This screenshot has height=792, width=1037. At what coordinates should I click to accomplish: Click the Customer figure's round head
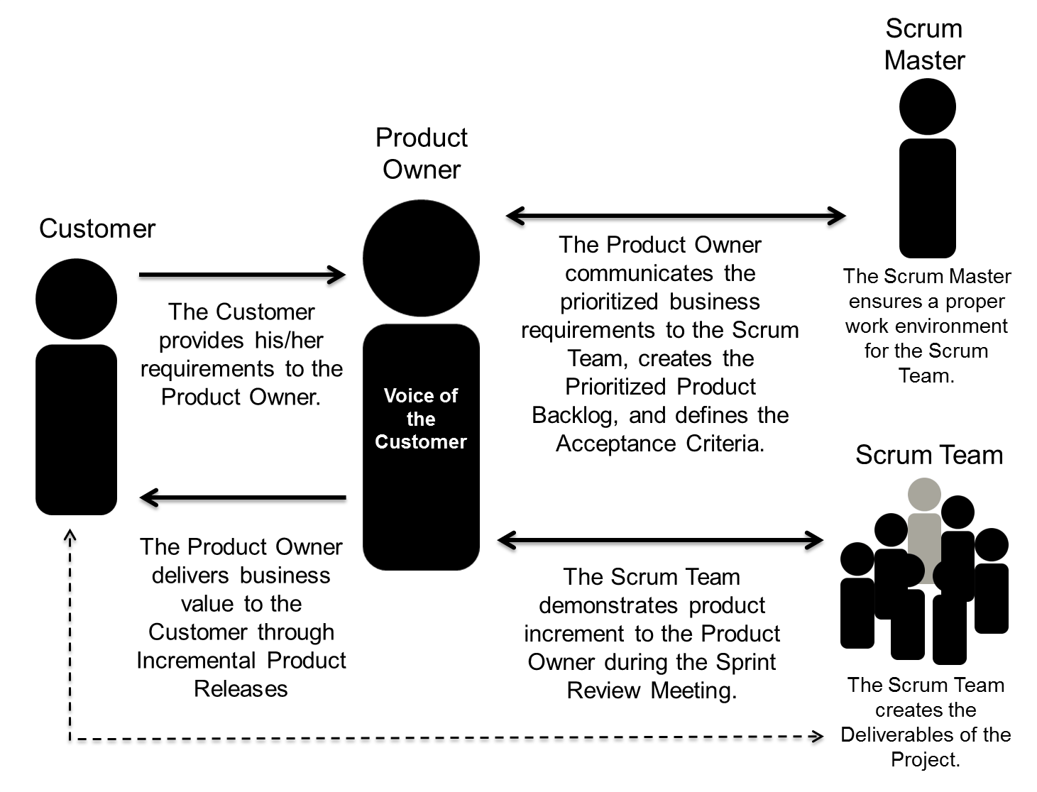point(76,299)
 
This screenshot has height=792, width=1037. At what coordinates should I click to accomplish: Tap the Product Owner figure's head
point(421,258)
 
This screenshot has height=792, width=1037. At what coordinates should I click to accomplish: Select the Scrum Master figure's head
point(927,107)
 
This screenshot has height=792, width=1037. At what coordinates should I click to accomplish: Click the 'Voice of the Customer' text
point(421,419)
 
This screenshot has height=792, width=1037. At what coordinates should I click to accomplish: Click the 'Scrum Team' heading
point(928,455)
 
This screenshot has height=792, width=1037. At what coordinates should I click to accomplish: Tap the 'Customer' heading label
point(97,229)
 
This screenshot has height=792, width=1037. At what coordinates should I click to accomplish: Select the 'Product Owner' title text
point(422,153)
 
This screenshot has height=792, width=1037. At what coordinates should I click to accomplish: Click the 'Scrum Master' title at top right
point(924,45)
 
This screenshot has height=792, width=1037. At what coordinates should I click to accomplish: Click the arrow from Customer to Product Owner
point(241,275)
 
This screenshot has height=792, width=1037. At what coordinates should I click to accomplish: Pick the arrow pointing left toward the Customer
point(241,497)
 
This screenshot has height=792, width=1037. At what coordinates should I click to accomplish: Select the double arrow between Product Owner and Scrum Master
point(675,216)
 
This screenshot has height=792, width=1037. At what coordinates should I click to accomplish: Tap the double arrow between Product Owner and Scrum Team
point(660,540)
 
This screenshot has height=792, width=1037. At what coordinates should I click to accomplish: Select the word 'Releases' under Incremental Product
point(241,689)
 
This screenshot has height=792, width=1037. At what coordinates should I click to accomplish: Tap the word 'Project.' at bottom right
point(926,760)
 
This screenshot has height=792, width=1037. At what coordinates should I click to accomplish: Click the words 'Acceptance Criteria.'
point(660,444)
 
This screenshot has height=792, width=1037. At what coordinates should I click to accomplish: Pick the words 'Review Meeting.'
point(652,691)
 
